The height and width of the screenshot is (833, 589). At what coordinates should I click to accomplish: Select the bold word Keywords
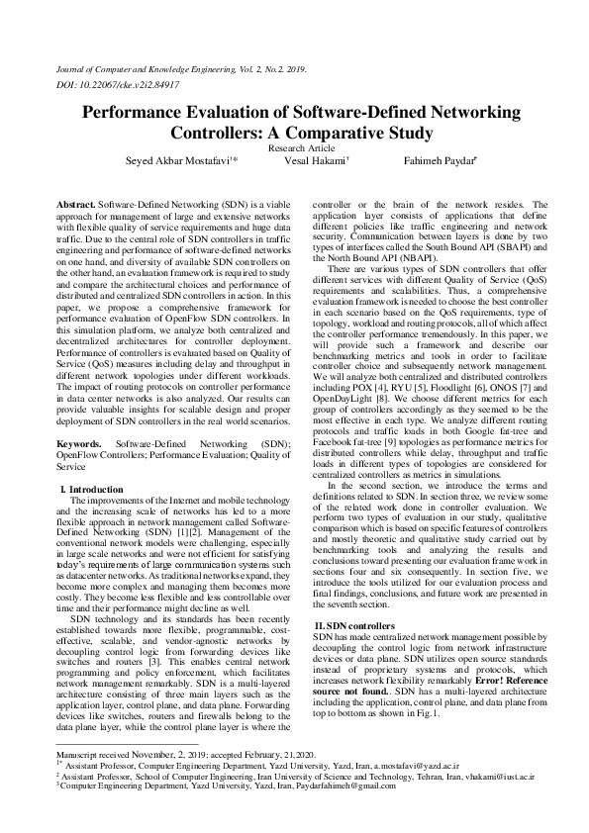click(x=80, y=445)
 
